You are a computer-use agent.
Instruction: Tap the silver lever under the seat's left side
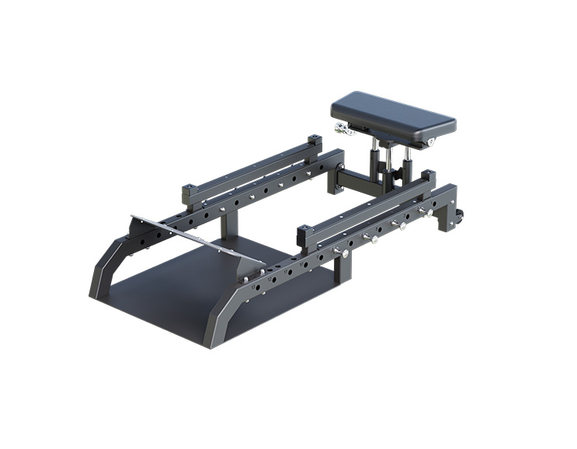tap(342, 128)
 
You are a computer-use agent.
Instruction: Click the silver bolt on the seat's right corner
tap(431, 142)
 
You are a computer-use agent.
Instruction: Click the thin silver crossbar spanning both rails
tap(194, 237)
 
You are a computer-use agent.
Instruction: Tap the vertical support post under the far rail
tap(224, 225)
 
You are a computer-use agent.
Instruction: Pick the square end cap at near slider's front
tap(304, 231)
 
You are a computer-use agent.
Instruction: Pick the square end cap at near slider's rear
tap(426, 177)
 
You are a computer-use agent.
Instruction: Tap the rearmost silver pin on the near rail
tap(424, 211)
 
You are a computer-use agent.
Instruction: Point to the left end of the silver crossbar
tap(134, 218)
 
